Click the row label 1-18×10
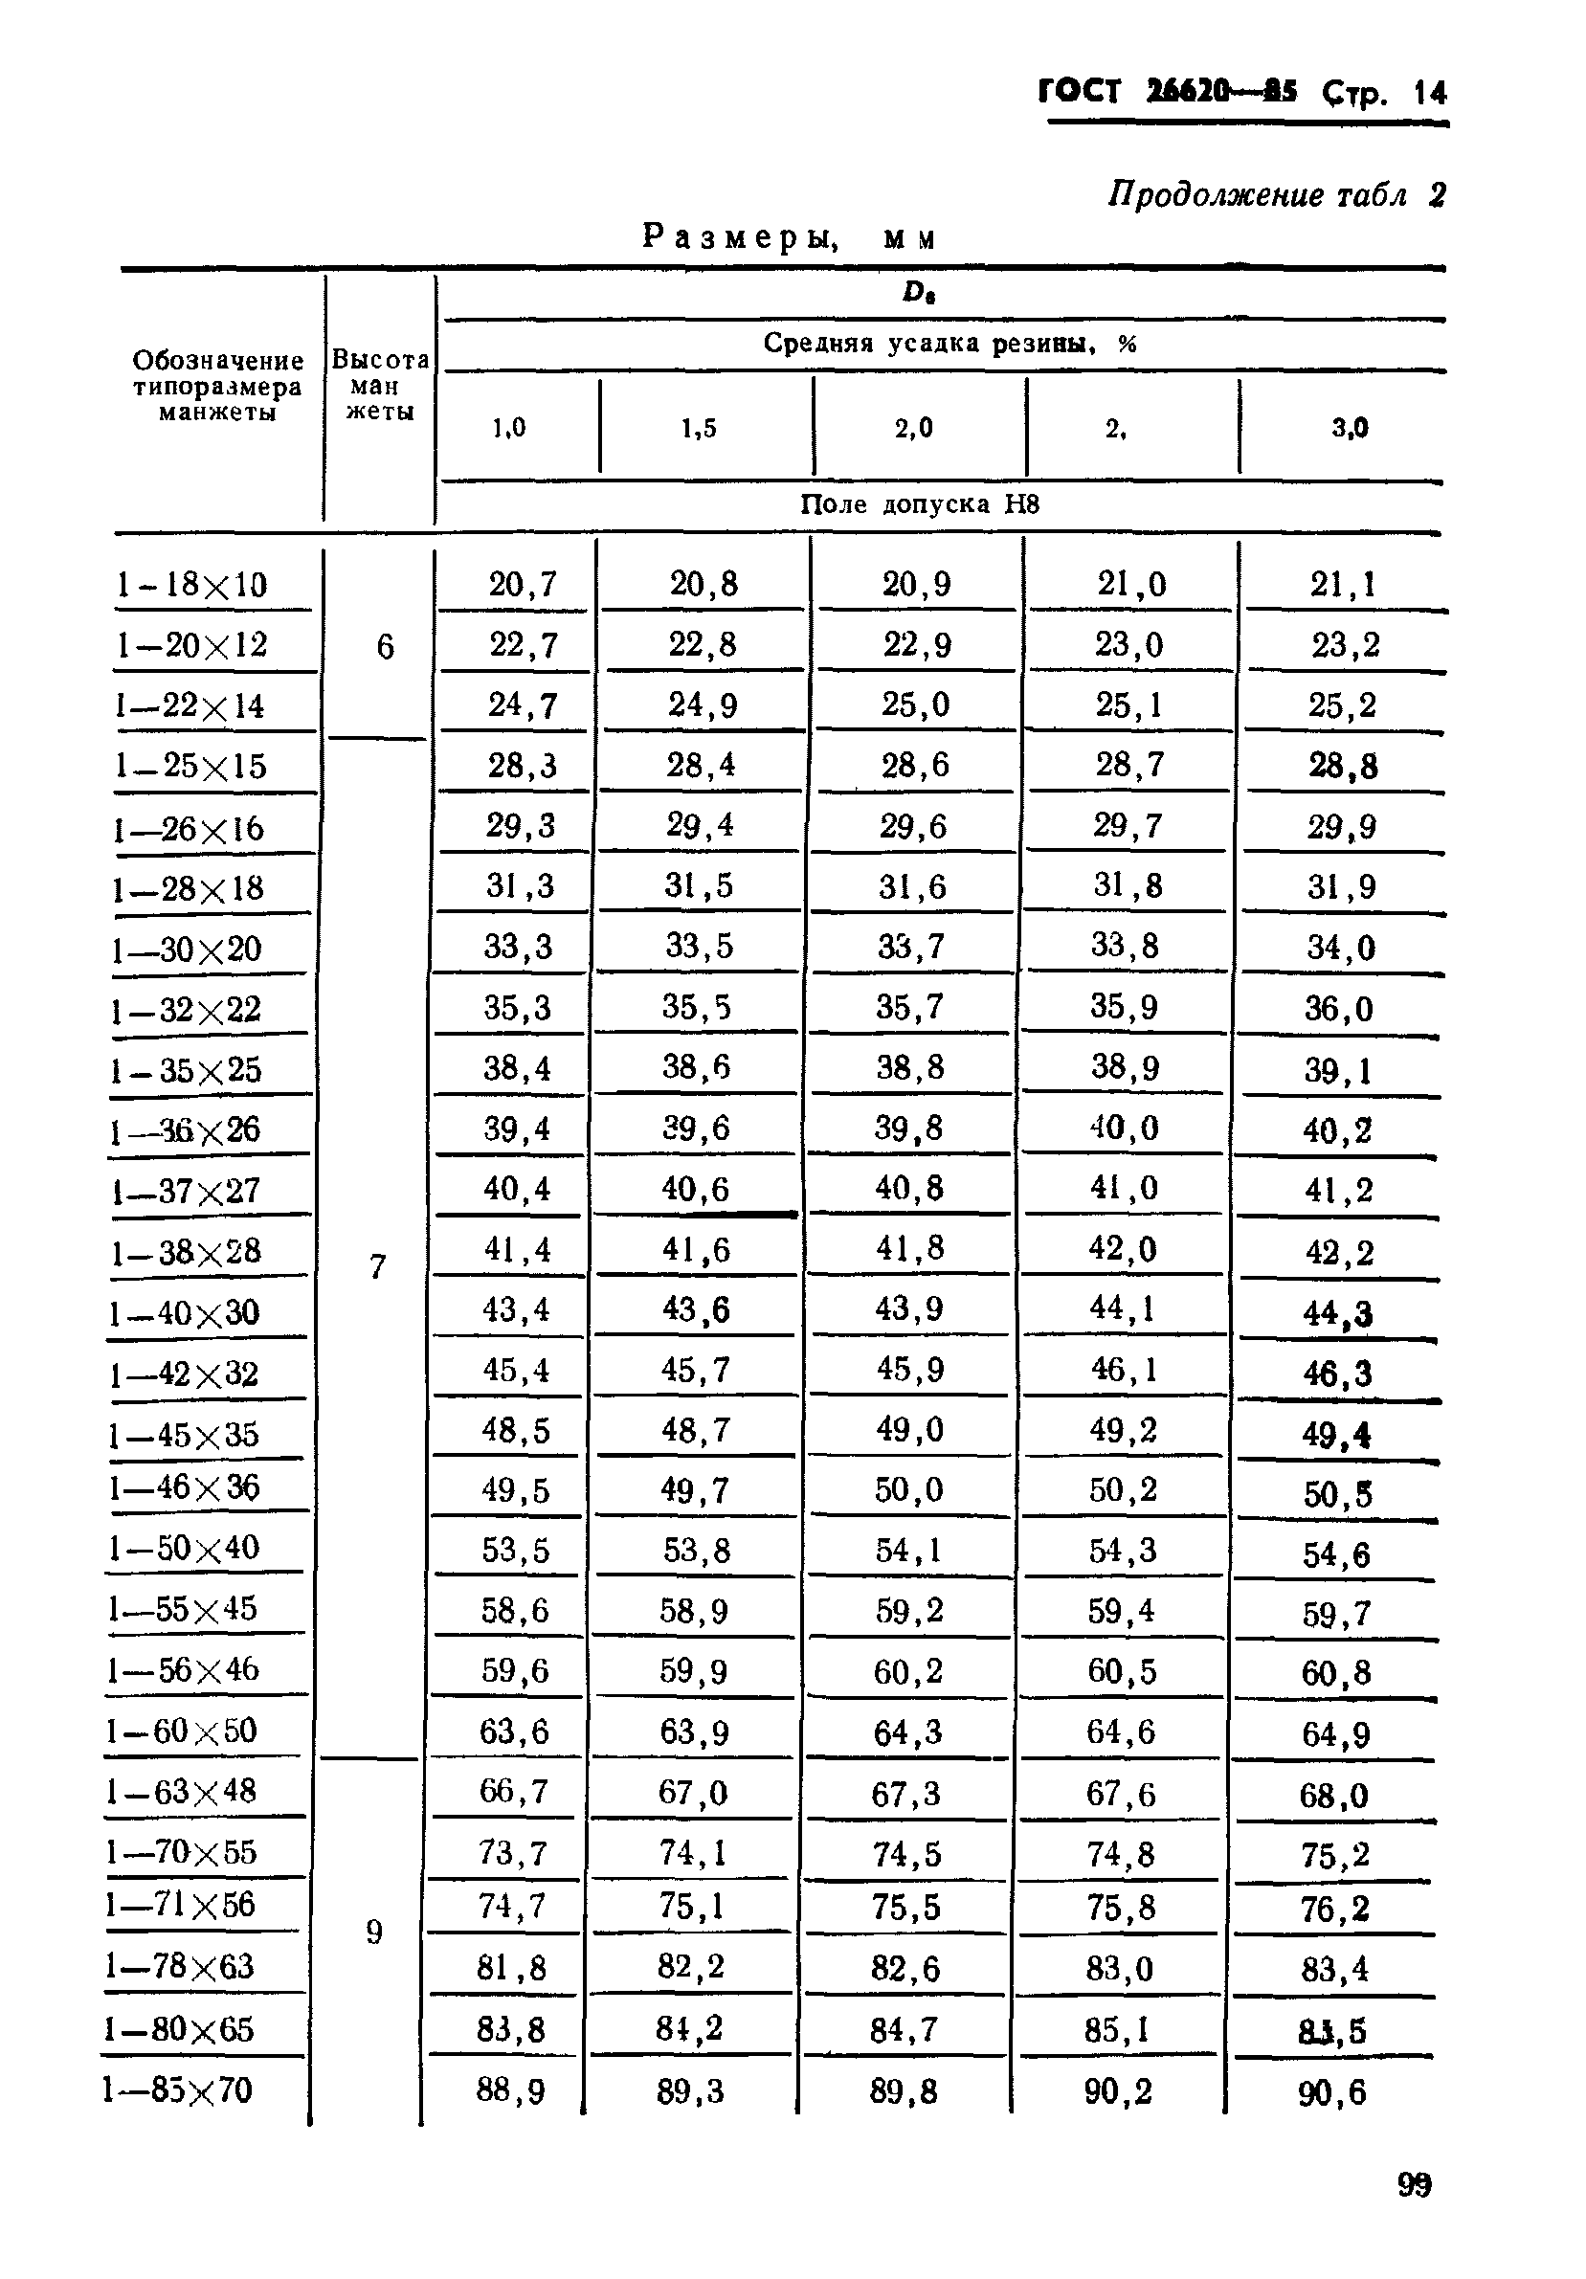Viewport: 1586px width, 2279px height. click(x=191, y=584)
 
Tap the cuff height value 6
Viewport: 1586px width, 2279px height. click(x=385, y=647)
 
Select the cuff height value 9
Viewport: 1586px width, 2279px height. click(x=374, y=1931)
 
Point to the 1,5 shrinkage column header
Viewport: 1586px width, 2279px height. click(x=699, y=428)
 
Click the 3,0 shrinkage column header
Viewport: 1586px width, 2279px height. click(x=1349, y=428)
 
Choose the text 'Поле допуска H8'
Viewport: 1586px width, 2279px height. click(x=919, y=504)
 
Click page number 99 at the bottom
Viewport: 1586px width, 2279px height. click(x=1415, y=2184)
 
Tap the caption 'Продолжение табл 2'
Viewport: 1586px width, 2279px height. click(x=1275, y=194)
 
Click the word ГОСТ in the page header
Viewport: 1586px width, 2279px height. click(x=1079, y=92)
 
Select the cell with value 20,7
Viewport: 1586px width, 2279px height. click(x=522, y=584)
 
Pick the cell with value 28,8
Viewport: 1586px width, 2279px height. click(x=1343, y=767)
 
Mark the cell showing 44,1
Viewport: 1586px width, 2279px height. click(x=1123, y=1308)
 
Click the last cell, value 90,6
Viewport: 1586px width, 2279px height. click(x=1331, y=2092)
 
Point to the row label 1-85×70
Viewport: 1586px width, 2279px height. click(x=178, y=2090)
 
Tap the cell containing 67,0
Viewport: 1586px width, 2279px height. click(x=693, y=1793)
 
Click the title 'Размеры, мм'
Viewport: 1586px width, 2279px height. click(x=789, y=238)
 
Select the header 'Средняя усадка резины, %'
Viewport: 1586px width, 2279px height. click(x=949, y=344)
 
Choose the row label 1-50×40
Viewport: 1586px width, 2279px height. click(x=185, y=1548)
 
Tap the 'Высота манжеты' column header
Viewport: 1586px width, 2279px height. click(x=380, y=385)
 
